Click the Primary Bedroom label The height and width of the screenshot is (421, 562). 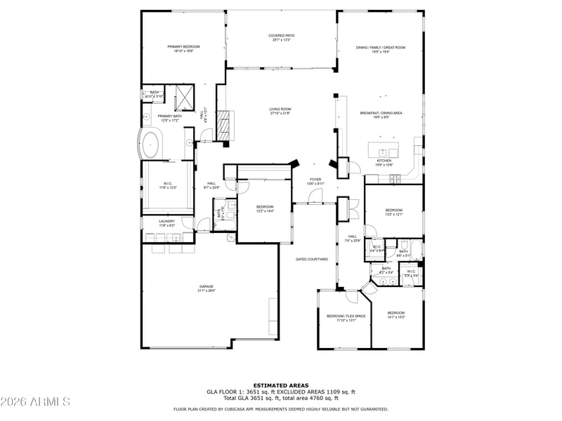pyautogui.click(x=183, y=47)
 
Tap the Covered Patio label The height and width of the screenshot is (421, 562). pyautogui.click(x=280, y=36)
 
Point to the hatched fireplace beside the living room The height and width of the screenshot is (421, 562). pyautogui.click(x=223, y=125)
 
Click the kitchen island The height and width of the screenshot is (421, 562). pyautogui.click(x=384, y=149)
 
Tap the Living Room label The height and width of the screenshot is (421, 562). pyautogui.click(x=280, y=109)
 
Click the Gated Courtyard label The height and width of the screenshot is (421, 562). pyautogui.click(x=311, y=260)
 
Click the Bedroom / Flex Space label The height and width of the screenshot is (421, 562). pyautogui.click(x=346, y=316)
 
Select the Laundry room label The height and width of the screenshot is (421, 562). pyautogui.click(x=166, y=221)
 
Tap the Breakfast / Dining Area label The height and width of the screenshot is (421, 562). pyautogui.click(x=381, y=113)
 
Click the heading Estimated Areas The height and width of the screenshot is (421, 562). pyautogui.click(x=280, y=385)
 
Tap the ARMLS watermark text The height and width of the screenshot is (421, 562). pyautogui.click(x=35, y=402)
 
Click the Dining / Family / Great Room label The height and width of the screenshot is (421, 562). pyautogui.click(x=381, y=47)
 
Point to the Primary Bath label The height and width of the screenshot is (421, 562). pyautogui.click(x=169, y=116)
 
